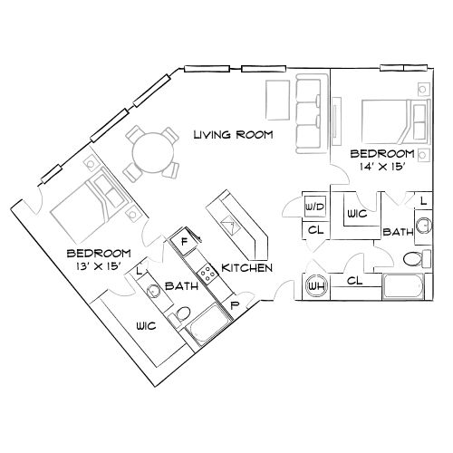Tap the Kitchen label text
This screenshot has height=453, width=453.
(247, 268)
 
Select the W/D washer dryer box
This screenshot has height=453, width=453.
(315, 207)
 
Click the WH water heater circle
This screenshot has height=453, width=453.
(318, 286)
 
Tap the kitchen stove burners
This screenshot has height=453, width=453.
(205, 270)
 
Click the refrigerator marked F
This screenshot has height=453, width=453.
(184, 242)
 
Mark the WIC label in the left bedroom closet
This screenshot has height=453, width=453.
(143, 326)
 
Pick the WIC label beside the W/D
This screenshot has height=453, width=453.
(355, 214)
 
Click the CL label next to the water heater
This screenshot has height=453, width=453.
(353, 282)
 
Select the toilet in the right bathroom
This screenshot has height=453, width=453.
(412, 258)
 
